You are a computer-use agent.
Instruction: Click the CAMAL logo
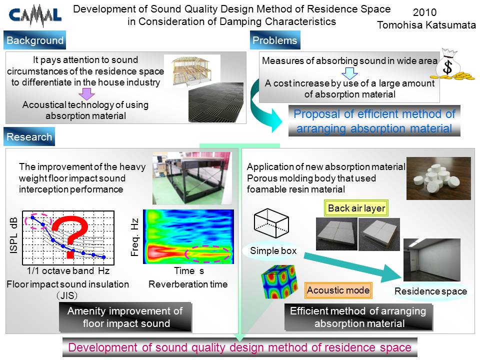coord(35,16)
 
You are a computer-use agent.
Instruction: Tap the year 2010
coord(424,12)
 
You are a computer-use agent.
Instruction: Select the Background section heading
coord(34,40)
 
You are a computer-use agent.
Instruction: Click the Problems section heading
coord(275,40)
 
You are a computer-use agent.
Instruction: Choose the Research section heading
coord(29,136)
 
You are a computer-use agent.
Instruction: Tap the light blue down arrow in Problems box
coord(349,73)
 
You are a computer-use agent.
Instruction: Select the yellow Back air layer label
coord(356,208)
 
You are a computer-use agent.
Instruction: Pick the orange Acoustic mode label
coord(338,290)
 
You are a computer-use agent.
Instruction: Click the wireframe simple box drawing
coord(271,223)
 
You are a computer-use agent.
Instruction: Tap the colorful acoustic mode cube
coord(279,281)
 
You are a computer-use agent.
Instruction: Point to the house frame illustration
coord(192,70)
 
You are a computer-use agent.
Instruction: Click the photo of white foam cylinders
coord(438,178)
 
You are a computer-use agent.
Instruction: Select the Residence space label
coord(430,291)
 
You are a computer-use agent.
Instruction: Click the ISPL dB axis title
coord(14,235)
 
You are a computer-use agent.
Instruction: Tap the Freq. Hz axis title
coord(134,237)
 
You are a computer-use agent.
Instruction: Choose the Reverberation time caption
coord(188,284)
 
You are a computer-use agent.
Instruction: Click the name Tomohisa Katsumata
coord(426,25)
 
